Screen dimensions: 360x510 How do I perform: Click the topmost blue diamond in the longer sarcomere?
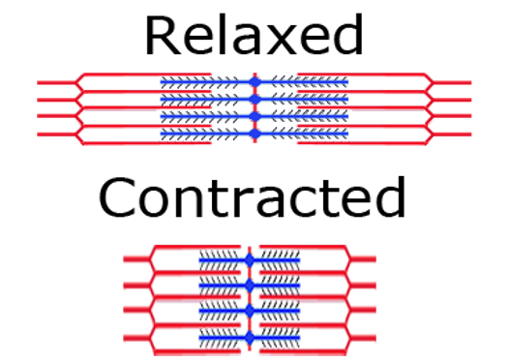[x=255, y=81]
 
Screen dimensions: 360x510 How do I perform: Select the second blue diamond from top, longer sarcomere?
[x=255, y=99]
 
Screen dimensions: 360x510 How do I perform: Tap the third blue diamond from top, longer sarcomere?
[x=255, y=116]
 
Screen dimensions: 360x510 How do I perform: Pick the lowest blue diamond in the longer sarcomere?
[x=255, y=134]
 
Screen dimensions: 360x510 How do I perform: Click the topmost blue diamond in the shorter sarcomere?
[x=250, y=260]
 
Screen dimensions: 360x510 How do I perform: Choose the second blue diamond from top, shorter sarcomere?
[x=250, y=286]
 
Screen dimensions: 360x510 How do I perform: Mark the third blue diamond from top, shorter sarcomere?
[x=250, y=312]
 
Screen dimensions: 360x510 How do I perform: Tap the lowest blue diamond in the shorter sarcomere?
[x=250, y=337]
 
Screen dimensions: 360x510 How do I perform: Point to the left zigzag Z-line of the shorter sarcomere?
[x=152, y=298]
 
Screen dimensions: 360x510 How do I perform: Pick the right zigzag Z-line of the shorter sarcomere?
[x=347, y=298]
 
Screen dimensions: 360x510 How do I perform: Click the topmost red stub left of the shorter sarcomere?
[x=135, y=258]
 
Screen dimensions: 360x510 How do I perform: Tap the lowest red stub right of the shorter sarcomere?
[x=363, y=337]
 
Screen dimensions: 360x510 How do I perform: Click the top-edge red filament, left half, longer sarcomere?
[x=145, y=75]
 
